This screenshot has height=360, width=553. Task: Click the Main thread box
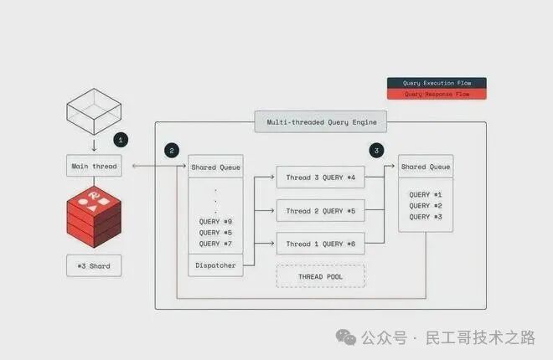click(94, 167)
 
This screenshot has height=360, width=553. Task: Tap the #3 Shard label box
click(93, 266)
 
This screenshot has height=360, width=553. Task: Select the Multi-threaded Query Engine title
click(322, 122)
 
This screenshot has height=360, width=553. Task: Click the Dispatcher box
click(215, 266)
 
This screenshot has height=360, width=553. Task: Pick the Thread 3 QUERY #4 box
click(321, 178)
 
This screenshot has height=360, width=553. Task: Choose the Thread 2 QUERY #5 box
click(321, 211)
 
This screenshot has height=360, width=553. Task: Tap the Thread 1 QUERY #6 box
click(321, 244)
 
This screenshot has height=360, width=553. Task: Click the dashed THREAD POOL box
click(321, 276)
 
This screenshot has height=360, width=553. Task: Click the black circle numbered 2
click(172, 151)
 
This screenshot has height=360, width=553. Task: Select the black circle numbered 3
click(377, 151)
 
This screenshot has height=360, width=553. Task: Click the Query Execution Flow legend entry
click(436, 83)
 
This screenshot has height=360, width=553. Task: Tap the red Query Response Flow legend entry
click(436, 94)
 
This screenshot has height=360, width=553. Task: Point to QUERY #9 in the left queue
click(215, 221)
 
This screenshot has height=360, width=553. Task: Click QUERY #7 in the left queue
click(215, 244)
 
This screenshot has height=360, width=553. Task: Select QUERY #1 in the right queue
click(426, 194)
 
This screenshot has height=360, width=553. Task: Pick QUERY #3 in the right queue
click(426, 216)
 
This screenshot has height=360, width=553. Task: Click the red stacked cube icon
click(94, 214)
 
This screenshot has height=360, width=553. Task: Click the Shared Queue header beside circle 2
click(215, 167)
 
